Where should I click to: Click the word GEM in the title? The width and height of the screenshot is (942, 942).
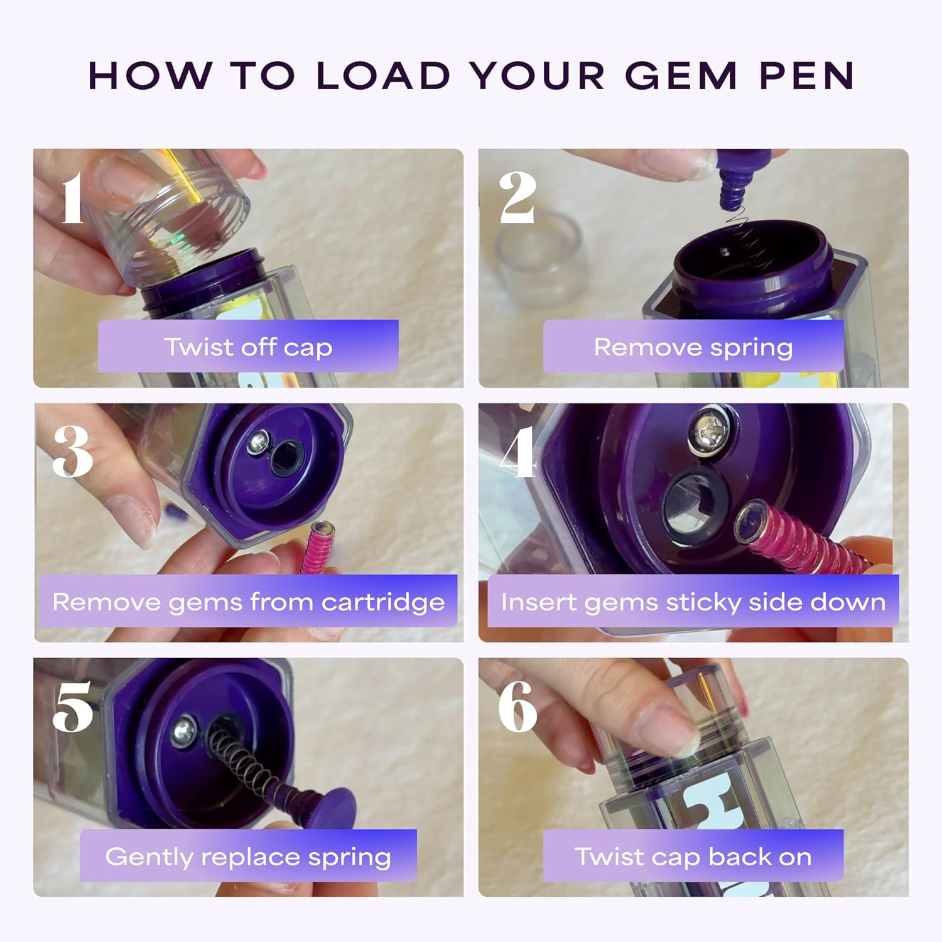coord(681,76)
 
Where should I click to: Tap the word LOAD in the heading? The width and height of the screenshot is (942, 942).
coord(383,76)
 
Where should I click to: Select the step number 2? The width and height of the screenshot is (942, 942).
coord(517,198)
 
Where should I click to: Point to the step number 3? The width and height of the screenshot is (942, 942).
coord(73,452)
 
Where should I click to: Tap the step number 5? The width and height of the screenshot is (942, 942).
coord(73,707)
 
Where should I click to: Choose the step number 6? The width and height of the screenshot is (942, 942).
coord(517,707)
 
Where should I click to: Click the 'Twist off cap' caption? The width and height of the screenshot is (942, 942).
coord(248,347)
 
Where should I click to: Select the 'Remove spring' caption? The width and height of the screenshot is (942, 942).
coord(693,347)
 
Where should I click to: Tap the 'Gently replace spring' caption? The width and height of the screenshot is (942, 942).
coord(248,857)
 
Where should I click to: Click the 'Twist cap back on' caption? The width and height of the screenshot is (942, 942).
coord(693,857)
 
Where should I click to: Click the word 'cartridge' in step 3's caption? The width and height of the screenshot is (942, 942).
coord(383,602)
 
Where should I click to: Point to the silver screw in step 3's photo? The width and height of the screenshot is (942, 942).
coord(258,443)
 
